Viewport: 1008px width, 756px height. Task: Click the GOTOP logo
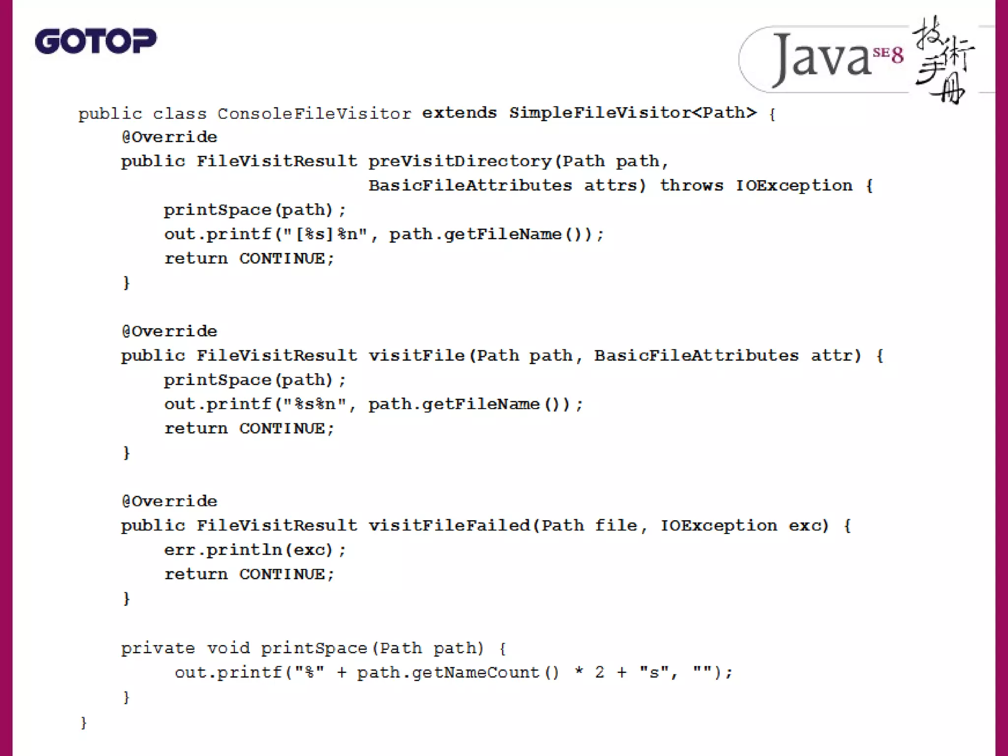click(95, 41)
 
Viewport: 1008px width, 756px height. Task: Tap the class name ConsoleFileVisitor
click(314, 114)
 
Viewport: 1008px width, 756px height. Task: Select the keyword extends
click(459, 113)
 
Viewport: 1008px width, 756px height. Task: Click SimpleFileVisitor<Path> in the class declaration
click(632, 113)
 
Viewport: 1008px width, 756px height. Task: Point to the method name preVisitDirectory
click(460, 161)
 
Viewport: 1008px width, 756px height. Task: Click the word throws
click(692, 186)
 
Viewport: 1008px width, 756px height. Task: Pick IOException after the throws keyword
click(794, 186)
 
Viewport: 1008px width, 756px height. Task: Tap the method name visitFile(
click(416, 355)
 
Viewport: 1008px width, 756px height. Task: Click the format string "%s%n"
click(315, 404)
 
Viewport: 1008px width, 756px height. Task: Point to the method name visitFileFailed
click(449, 526)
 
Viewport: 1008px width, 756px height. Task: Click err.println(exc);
click(255, 550)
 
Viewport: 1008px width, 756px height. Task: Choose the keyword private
click(158, 648)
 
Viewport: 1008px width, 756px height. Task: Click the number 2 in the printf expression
click(599, 672)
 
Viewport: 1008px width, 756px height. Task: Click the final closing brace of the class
click(83, 723)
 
